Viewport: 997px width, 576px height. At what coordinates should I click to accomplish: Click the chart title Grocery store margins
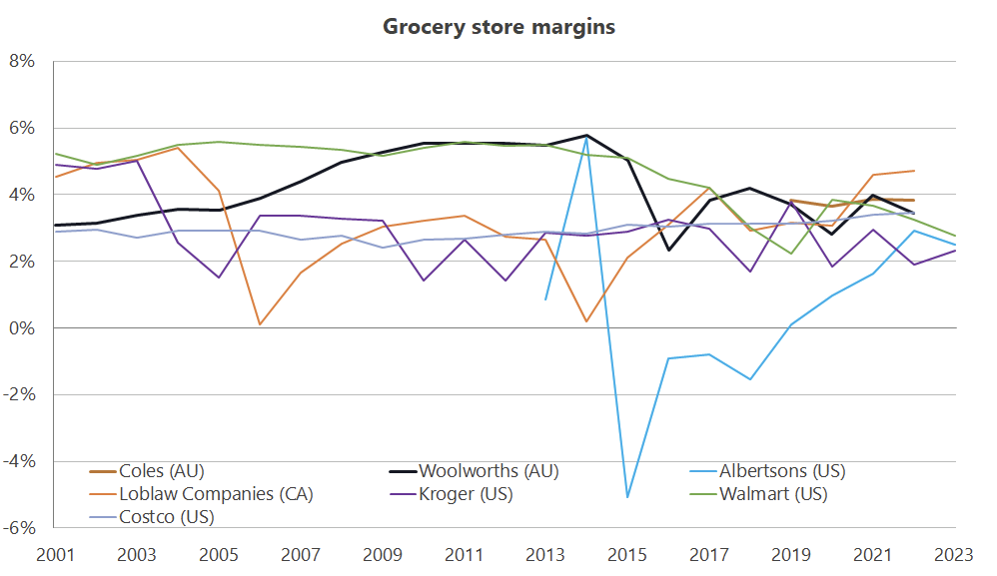coord(498,27)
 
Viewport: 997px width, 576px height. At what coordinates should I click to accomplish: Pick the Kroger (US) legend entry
coord(466,494)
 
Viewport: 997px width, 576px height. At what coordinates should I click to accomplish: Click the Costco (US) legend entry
coord(166,517)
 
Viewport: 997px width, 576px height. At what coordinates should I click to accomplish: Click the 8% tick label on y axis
coord(22,61)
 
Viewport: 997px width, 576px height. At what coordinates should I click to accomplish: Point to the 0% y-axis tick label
coord(22,327)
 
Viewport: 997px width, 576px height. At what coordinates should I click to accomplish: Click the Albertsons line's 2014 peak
coord(586,139)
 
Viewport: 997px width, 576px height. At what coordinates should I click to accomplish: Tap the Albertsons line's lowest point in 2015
coord(627,496)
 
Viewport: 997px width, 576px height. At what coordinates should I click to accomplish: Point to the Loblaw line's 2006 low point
coord(260,323)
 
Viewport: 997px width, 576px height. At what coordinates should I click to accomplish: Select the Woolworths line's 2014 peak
coord(586,135)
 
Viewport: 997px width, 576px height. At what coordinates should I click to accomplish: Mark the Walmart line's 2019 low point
coord(792,254)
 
